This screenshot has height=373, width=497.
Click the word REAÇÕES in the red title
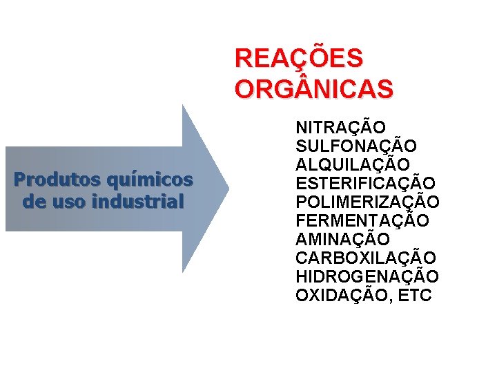click(298, 59)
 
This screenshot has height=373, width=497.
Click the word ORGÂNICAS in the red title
click(314, 89)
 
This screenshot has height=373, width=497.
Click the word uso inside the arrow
click(76, 202)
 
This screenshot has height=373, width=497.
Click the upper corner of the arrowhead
click(183, 106)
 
